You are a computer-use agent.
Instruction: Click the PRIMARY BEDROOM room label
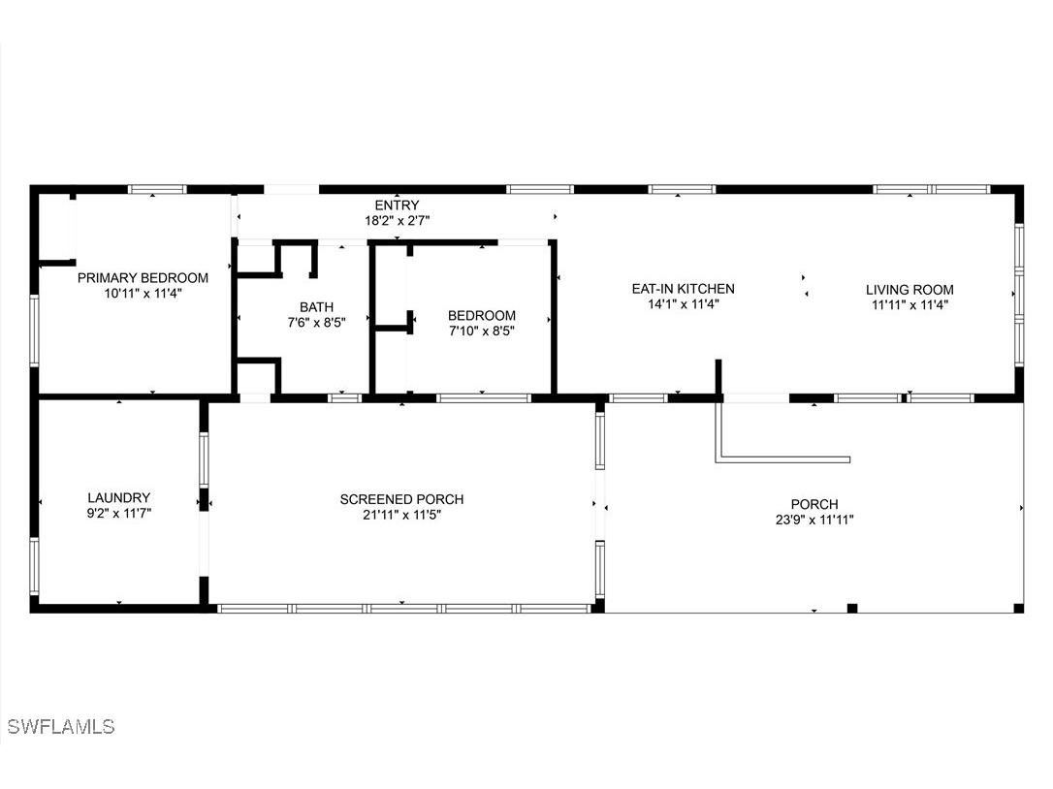coord(143,277)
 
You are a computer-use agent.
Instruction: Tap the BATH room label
coord(315,306)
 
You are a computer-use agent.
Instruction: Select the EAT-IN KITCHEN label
coord(683,289)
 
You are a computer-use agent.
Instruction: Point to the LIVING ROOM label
coord(909,289)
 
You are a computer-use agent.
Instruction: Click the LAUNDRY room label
coord(118,498)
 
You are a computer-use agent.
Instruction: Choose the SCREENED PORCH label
coord(401,499)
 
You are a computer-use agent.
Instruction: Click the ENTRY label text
coord(397,205)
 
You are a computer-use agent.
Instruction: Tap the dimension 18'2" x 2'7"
coord(397,221)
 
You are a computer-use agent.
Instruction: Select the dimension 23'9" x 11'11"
coord(814,520)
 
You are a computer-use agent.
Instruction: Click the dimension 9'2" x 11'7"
coord(118,514)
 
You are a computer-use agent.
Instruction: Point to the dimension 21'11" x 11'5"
coord(401,515)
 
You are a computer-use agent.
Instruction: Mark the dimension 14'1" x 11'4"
coord(683,304)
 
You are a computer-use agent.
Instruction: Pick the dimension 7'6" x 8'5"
coord(315,322)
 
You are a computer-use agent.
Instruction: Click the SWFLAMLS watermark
coord(60,726)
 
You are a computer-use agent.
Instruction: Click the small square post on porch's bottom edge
coord(851,608)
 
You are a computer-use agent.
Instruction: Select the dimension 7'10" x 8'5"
coord(481,331)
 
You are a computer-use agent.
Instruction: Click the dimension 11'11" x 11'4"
coord(909,304)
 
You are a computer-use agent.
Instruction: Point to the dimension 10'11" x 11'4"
coord(143,293)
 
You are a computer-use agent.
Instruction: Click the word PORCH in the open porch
coord(814,504)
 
